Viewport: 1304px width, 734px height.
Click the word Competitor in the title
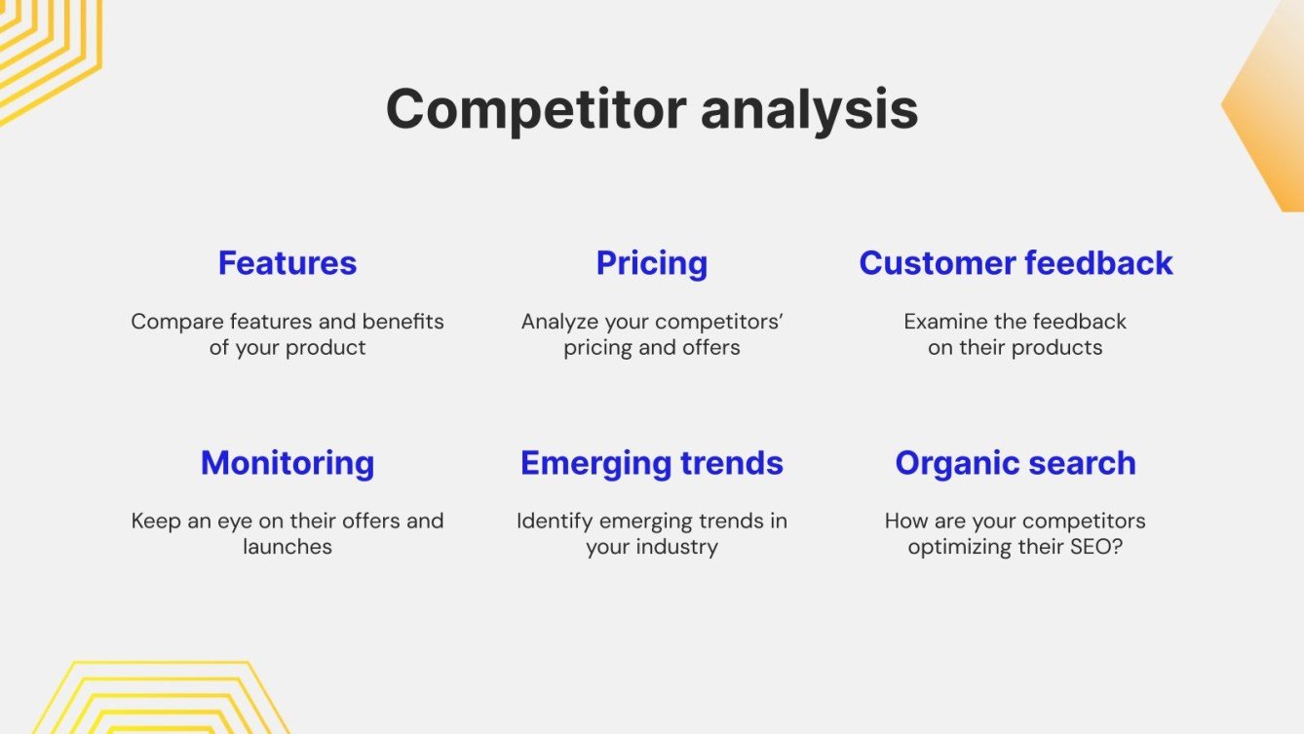click(536, 110)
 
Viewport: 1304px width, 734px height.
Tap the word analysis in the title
click(810, 110)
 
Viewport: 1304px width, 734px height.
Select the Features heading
click(288, 263)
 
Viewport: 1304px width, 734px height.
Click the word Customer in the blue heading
click(938, 263)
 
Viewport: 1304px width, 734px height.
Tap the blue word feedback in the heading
click(1099, 263)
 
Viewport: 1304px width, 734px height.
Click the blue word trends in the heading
click(732, 463)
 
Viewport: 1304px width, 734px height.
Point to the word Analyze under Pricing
click(560, 323)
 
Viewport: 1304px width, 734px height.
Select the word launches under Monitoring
click(288, 547)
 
